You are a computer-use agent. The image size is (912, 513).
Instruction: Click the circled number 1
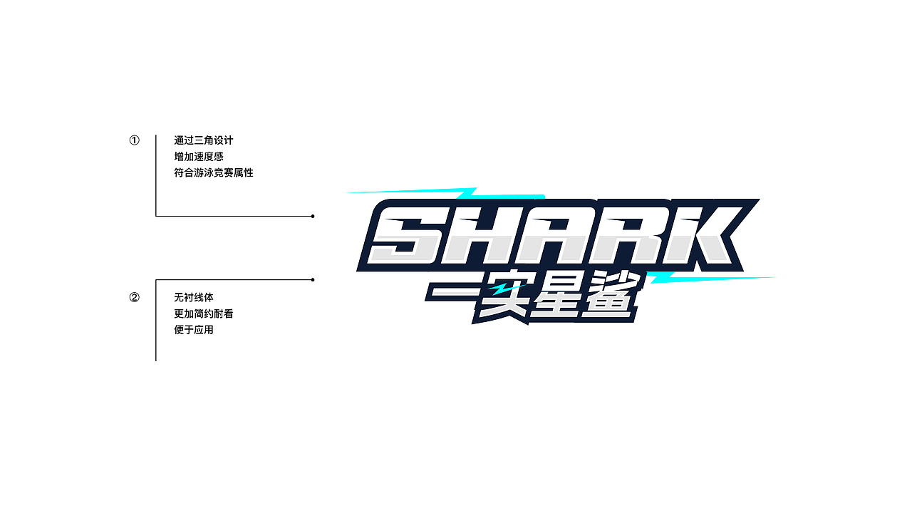[135, 140]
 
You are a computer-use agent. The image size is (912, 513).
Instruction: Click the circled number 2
[135, 298]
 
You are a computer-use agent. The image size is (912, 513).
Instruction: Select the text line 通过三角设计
[204, 140]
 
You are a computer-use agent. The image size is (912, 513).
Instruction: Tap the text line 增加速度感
[199, 157]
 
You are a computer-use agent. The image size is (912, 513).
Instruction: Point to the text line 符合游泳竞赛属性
[214, 172]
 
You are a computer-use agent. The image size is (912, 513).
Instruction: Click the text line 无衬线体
[194, 298]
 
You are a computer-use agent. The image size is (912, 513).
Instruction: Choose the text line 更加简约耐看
[204, 314]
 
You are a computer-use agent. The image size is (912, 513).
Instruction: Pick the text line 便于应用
[194, 330]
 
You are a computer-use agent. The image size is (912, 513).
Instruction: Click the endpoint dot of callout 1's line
[313, 216]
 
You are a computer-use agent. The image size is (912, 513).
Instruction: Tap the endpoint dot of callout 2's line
[313, 280]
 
